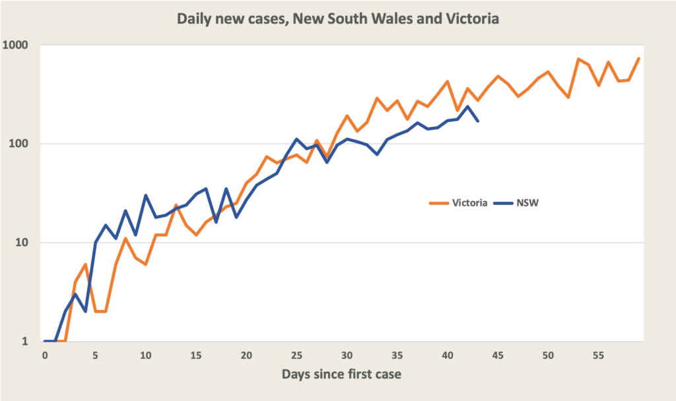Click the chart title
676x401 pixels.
click(337, 19)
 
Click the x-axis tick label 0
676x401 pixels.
click(45, 355)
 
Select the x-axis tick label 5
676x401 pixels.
click(95, 355)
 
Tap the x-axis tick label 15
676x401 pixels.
click(196, 355)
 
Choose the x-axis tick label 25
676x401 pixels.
click(296, 355)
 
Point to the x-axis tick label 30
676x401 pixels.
click(347, 355)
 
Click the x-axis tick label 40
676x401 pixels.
click(448, 355)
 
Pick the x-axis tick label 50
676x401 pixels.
click(549, 355)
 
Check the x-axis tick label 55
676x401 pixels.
click(599, 355)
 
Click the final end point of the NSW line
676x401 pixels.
click(478, 121)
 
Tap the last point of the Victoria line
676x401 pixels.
click(639, 58)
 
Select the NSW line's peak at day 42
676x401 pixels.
click(467, 106)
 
